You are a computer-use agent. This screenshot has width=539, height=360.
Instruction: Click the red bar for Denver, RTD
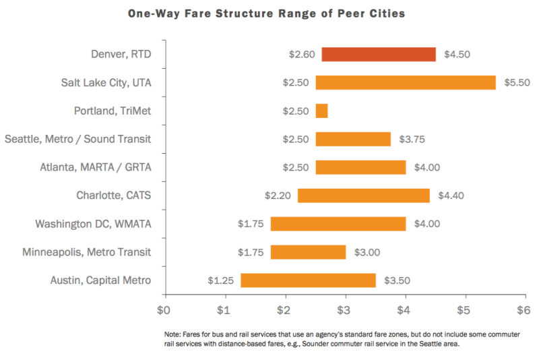[379, 55]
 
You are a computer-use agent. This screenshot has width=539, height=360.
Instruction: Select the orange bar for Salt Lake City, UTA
[406, 83]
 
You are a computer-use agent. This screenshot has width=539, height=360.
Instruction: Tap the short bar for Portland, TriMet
[321, 111]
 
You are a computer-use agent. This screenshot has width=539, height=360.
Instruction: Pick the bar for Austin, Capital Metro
[308, 280]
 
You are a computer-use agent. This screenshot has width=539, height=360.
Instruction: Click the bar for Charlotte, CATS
[364, 196]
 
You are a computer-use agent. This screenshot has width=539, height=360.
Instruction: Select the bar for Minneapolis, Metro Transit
[308, 252]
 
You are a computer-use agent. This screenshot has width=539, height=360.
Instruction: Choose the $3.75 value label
[411, 140]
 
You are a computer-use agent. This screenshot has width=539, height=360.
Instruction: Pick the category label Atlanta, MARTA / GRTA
[95, 167]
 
